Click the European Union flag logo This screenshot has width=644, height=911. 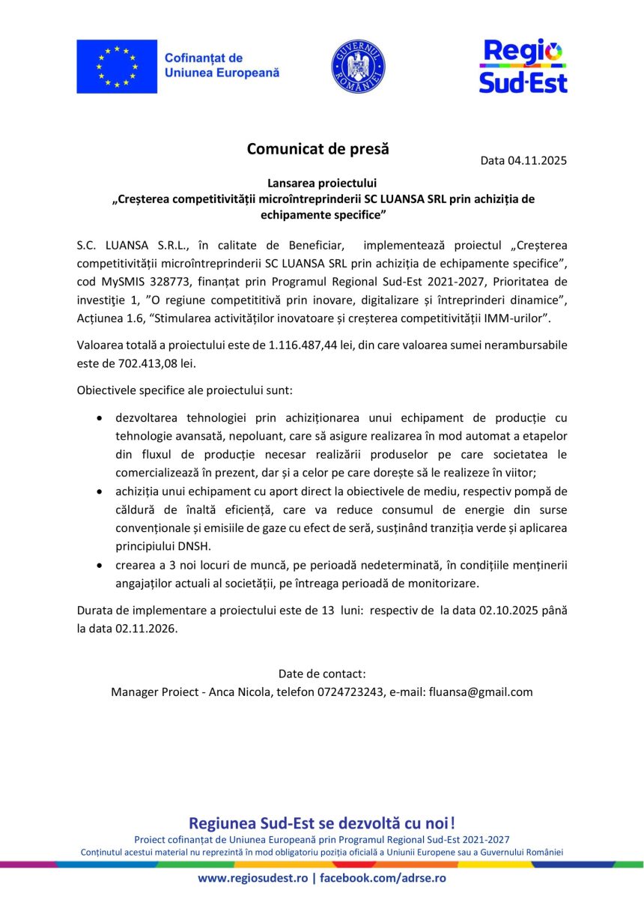(117, 67)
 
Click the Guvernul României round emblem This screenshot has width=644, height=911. (358, 67)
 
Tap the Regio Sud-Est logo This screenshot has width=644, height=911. (523, 67)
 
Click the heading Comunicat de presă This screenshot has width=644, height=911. (318, 148)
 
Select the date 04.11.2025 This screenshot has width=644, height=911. (537, 160)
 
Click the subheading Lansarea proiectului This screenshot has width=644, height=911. (322, 183)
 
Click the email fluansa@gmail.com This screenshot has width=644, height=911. (481, 691)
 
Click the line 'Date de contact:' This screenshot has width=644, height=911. (322, 673)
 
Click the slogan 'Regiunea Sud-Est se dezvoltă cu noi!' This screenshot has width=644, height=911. (322, 823)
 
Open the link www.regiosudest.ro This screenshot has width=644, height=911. (252, 878)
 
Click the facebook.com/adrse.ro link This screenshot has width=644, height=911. (383, 878)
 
